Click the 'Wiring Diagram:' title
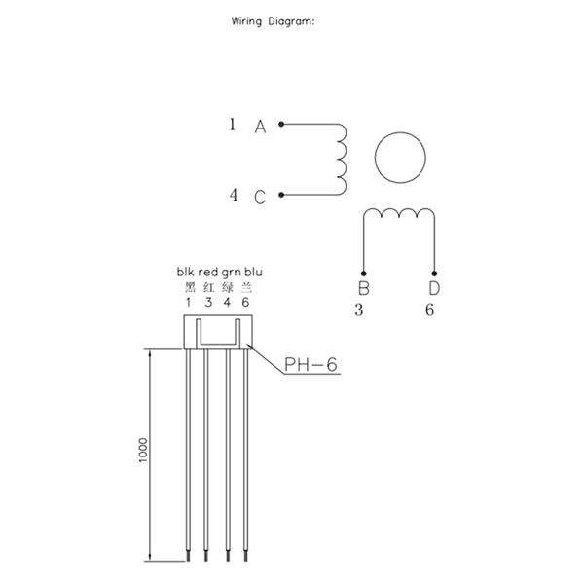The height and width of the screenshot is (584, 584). click(273, 21)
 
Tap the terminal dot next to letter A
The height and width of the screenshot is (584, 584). click(281, 124)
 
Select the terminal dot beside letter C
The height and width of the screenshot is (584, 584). click(281, 195)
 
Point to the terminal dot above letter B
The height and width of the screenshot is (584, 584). click(363, 274)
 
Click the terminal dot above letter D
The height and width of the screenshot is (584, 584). click(434, 274)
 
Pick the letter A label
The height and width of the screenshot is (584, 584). click(260, 127)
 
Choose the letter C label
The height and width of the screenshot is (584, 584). click(260, 197)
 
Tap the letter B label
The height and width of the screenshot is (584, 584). click(363, 288)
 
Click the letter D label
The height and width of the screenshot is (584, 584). click(434, 288)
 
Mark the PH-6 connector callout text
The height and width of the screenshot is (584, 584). click(310, 365)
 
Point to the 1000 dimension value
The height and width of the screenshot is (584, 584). click(143, 451)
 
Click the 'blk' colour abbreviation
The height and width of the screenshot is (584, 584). click(186, 272)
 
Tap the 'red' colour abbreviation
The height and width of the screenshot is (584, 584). click(208, 273)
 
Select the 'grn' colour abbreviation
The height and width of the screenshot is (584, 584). click(231, 273)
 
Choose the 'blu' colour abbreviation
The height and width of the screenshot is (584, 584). click(253, 272)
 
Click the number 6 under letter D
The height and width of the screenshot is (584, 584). click(430, 310)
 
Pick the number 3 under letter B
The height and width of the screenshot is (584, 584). click(359, 310)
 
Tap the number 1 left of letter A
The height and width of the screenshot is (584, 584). click(233, 125)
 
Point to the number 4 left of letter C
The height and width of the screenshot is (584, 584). click(234, 195)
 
